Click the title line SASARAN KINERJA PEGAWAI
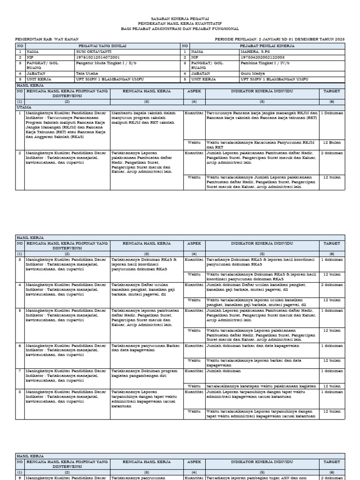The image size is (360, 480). (x=180, y=17)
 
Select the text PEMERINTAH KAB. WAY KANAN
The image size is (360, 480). (x=47, y=39)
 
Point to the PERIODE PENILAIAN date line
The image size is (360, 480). (x=279, y=39)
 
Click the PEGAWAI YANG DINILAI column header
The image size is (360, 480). (x=98, y=45)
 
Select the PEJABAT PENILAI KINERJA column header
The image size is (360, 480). (x=265, y=45)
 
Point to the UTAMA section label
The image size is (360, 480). (x=23, y=107)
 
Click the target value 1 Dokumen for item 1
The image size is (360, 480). (x=332, y=113)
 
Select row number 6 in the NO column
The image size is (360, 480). (x=20, y=345)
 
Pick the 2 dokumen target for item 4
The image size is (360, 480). (x=332, y=285)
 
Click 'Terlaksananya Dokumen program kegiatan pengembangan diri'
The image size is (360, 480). (x=144, y=373)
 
